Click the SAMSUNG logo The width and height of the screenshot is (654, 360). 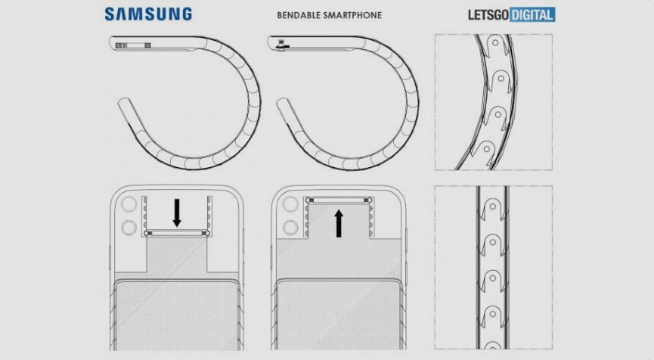click(x=147, y=14)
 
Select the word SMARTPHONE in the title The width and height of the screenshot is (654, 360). click(x=353, y=15)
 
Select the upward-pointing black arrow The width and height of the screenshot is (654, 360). click(x=338, y=224)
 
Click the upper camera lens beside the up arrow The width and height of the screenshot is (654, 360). click(x=289, y=205)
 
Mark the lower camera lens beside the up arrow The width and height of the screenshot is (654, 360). click(x=289, y=225)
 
